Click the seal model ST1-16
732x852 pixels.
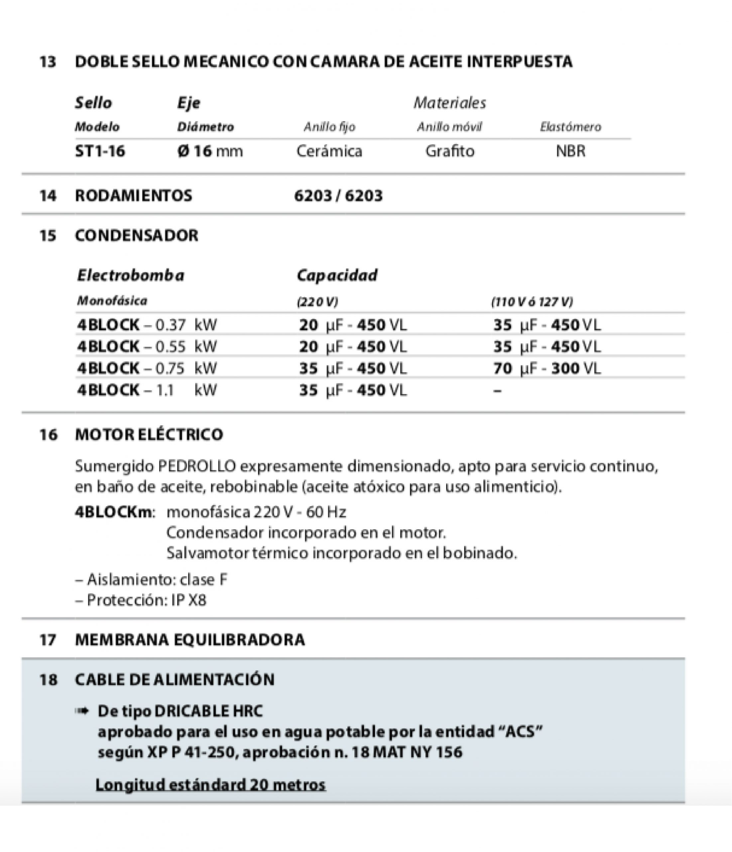(100, 151)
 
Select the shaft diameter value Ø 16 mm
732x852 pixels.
(210, 151)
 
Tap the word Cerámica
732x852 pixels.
(329, 151)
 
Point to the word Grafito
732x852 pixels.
(450, 151)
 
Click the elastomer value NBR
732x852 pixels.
(570, 151)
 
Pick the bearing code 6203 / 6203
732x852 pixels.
(338, 196)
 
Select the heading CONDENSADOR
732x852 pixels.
(136, 236)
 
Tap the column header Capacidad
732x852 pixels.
(337, 275)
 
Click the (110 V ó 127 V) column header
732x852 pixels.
(532, 302)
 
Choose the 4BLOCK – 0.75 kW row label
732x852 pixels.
(147, 368)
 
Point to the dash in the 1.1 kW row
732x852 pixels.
(497, 390)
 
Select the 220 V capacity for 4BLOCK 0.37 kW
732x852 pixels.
(352, 325)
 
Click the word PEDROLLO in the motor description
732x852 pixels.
(197, 466)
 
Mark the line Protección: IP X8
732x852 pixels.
(141, 600)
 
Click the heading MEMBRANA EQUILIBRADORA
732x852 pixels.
(190, 640)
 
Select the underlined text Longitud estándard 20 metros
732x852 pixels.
(210, 784)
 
